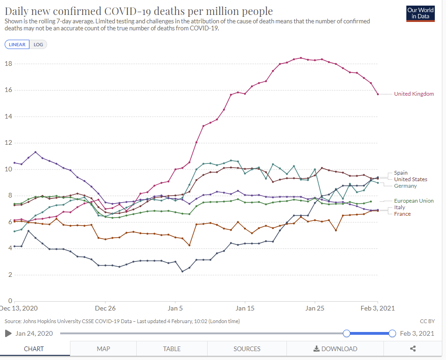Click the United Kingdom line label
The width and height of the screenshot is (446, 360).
pos(414,94)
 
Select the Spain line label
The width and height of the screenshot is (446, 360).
pos(401,173)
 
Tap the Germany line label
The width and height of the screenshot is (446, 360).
pos(405,186)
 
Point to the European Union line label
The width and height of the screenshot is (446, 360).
pos(414,201)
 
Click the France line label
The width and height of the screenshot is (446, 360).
pos(402,214)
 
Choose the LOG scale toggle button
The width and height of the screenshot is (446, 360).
pos(38,45)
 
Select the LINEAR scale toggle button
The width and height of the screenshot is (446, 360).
pos(17,45)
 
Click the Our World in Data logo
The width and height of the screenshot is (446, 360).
pos(420,14)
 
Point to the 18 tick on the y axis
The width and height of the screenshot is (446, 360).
pos(8,64)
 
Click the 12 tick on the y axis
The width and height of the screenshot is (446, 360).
pos(8,142)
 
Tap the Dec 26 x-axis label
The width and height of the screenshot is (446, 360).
pos(105,308)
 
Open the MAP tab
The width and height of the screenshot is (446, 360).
pos(103,349)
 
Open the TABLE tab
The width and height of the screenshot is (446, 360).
pos(172,349)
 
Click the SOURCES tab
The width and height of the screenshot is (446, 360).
pos(247,349)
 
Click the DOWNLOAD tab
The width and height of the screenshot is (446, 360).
pos(335,349)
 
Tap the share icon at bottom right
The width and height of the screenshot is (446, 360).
pos(412,349)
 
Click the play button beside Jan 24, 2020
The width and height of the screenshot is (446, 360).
pos(8,333)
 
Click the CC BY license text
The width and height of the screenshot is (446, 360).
pos(427,321)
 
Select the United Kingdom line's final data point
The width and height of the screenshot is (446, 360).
pos(378,94)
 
